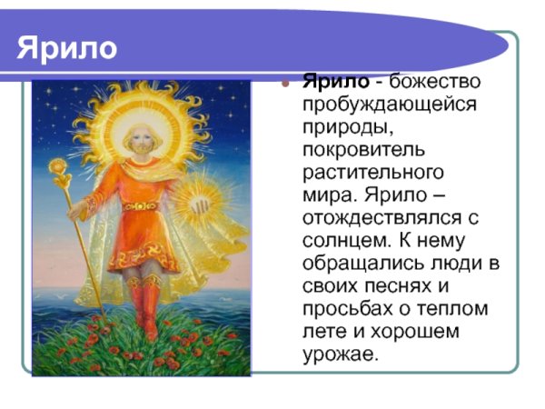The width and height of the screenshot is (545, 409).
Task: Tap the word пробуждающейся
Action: click(391, 104)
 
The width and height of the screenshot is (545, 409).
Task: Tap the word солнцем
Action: click(341, 240)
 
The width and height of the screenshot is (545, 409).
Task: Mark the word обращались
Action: click(360, 264)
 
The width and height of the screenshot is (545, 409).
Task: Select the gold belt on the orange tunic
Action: click(141, 207)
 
